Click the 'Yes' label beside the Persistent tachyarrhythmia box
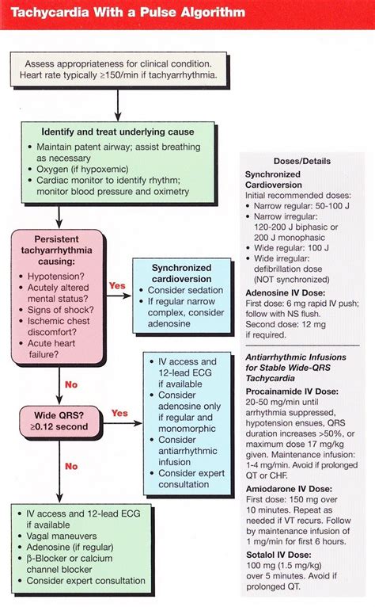pyautogui.click(x=117, y=285)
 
